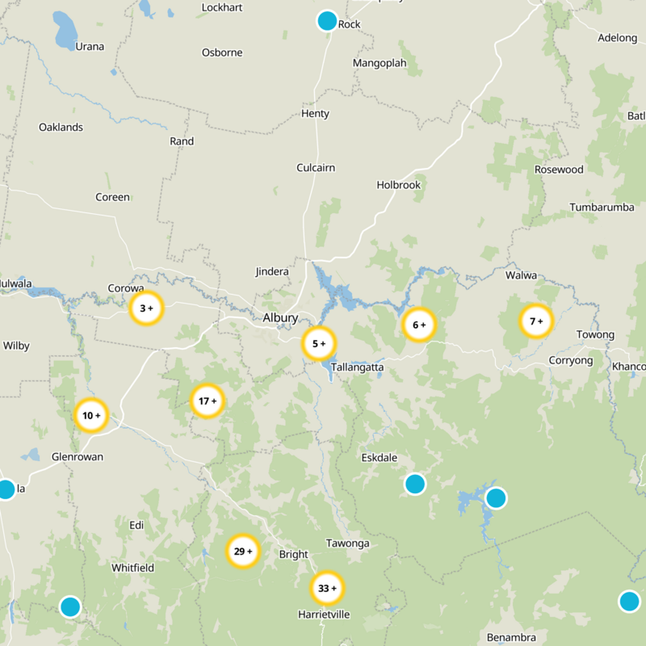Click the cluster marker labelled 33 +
tap(327, 588)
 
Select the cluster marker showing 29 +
tap(242, 552)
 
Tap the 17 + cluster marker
tap(208, 401)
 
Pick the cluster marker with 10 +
tap(91, 416)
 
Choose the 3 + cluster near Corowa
tap(146, 308)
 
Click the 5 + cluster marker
tap(319, 344)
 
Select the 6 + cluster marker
tap(419, 325)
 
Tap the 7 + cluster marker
tap(535, 321)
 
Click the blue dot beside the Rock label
tap(327, 21)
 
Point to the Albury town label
tap(280, 318)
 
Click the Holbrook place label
tap(399, 185)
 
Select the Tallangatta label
tap(357, 367)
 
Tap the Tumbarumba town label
tap(602, 207)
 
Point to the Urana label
tap(90, 46)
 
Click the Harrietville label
tap(324, 615)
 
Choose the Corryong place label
tap(570, 360)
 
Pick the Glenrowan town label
tap(77, 456)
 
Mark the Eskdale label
tap(379, 458)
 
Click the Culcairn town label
tap(316, 168)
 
